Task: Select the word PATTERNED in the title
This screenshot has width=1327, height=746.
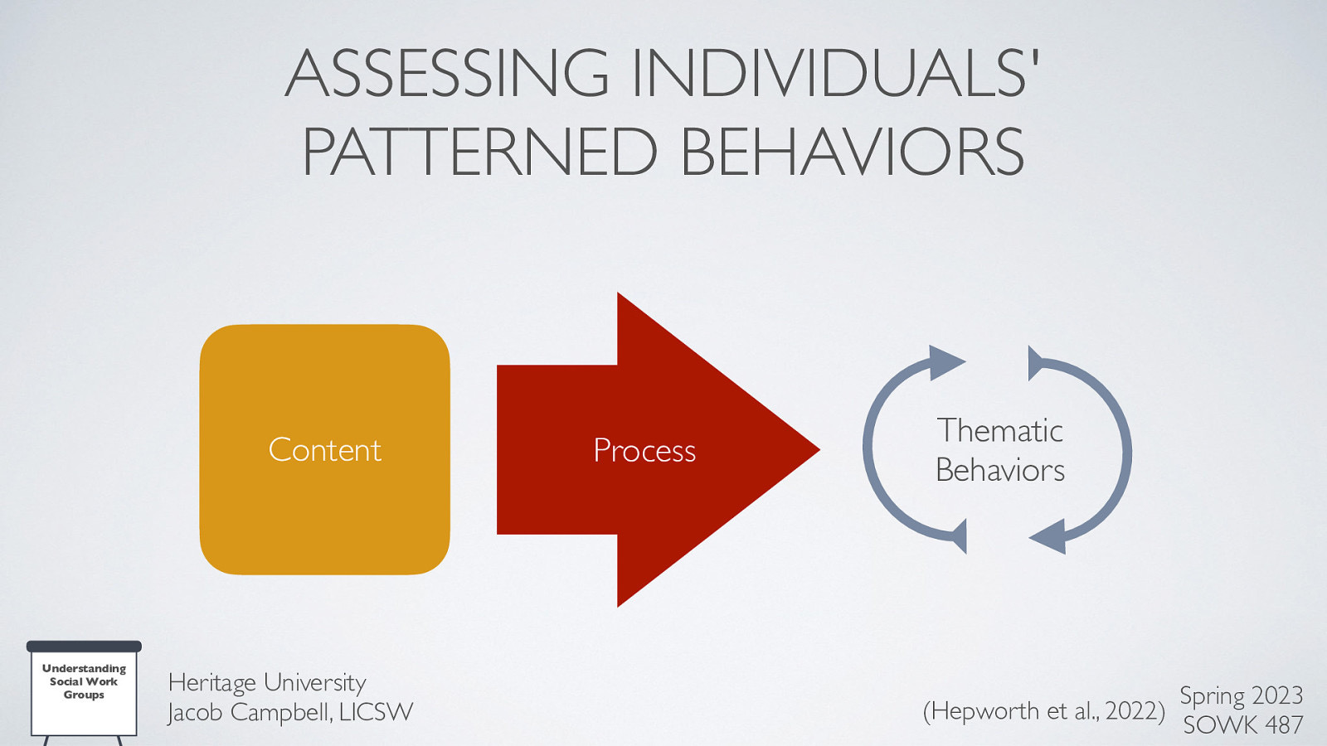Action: coord(480,153)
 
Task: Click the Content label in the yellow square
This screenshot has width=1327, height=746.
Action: coord(325,450)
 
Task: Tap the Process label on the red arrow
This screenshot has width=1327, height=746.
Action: coord(644,451)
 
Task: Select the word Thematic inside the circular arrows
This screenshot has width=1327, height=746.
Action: coord(1000,431)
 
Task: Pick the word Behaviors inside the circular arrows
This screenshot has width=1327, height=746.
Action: coord(1000,471)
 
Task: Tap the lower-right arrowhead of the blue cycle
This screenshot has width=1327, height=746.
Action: coord(1049,536)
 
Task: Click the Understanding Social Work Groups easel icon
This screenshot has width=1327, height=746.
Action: coord(84,688)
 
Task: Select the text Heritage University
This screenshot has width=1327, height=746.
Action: coord(266,682)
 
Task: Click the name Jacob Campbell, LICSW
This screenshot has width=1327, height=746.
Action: coord(290,712)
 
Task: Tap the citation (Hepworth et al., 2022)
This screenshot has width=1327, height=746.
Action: coord(1043,711)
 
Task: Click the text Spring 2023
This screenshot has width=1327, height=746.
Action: coord(1241,695)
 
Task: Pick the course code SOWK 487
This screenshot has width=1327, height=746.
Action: coord(1242,725)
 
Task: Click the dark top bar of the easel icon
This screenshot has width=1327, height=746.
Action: coord(84,646)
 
